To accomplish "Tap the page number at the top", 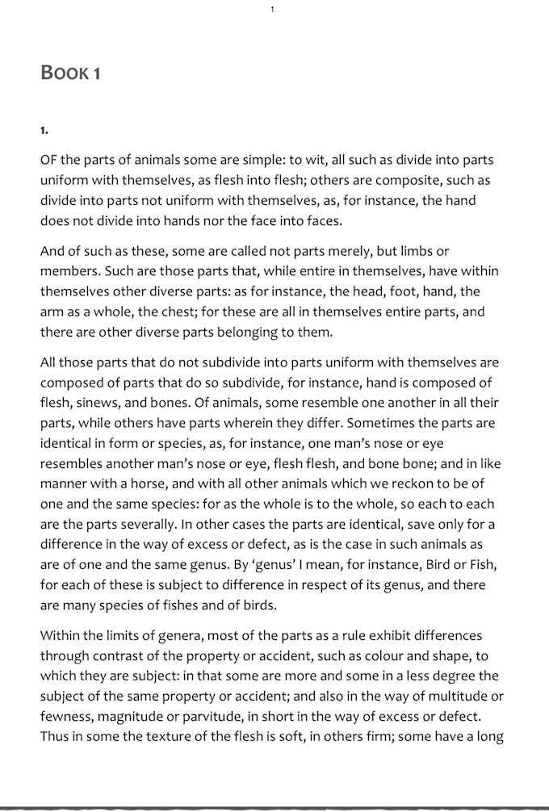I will (273, 9).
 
